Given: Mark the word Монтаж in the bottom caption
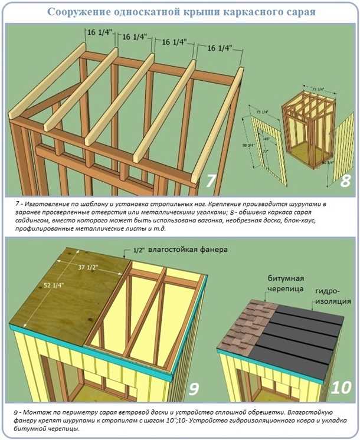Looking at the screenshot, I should click(x=35, y=411).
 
